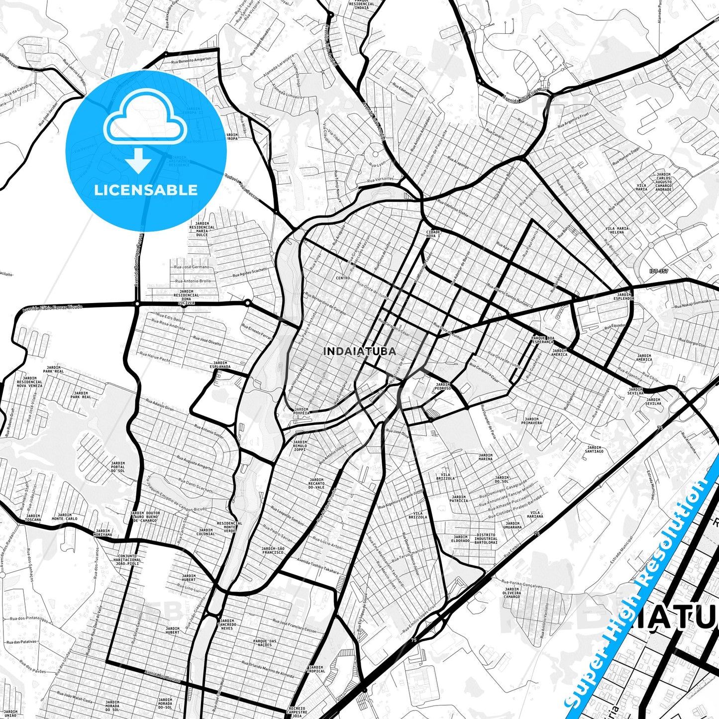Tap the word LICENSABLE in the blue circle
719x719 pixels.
tap(146, 190)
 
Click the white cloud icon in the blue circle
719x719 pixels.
tap(145, 117)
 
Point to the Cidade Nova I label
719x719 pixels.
tap(433, 233)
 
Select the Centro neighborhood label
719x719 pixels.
tap(343, 278)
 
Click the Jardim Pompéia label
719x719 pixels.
tap(302, 411)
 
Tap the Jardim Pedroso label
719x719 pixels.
tap(443, 386)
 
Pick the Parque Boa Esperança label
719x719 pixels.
tap(542, 340)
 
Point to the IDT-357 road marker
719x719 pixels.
tap(659, 271)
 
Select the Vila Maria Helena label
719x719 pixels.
tap(617, 230)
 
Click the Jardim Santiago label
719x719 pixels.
tap(594, 449)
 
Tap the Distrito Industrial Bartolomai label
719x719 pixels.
tap(486, 539)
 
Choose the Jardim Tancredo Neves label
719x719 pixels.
tap(226, 624)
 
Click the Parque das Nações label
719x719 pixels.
tap(265, 643)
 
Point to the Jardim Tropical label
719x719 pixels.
tap(316, 669)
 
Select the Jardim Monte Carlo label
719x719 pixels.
tap(65, 517)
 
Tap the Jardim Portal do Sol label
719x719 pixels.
tap(118, 467)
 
